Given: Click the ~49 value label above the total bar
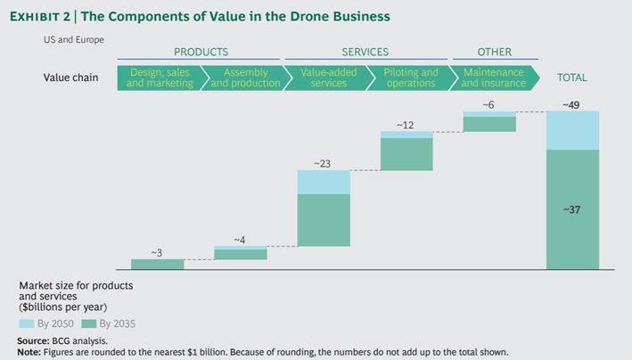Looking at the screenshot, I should [571, 105].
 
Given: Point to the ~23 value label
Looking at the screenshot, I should [323, 163].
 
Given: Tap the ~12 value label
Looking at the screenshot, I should [406, 125].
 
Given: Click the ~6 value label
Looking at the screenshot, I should [488, 105].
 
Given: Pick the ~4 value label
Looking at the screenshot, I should [240, 240].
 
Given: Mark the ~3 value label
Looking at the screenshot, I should [156, 253].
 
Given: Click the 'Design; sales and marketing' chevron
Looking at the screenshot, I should [159, 78].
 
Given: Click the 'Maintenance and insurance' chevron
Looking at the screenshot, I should [492, 78].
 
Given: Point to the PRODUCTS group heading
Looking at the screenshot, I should [201, 53].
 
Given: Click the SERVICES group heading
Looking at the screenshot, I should [365, 53].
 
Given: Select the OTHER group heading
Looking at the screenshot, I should [494, 53].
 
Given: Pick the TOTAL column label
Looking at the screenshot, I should [571, 78].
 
